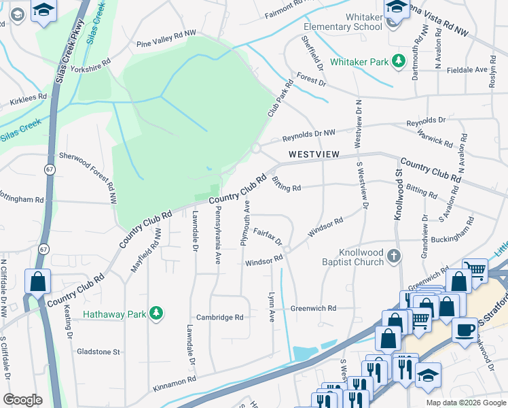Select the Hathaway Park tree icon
158,313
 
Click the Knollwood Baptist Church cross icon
394,256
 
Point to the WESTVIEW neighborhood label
313,154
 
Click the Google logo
23,399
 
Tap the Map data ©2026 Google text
465,403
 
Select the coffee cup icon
466,330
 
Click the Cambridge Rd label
219,318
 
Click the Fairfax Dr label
268,236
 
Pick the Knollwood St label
399,196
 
